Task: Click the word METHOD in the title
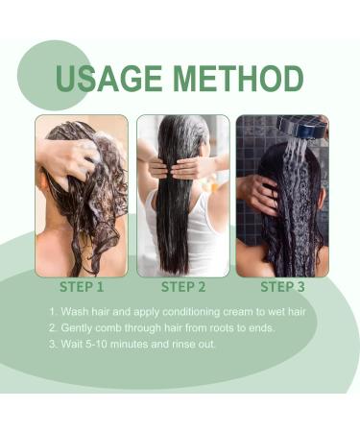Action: (235, 79)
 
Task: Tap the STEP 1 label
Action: (81, 286)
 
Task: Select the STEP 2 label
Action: (182, 286)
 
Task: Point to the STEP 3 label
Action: (283, 286)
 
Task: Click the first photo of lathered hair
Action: (82, 196)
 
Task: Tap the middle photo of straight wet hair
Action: (182, 196)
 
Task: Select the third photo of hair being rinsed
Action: (282, 196)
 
